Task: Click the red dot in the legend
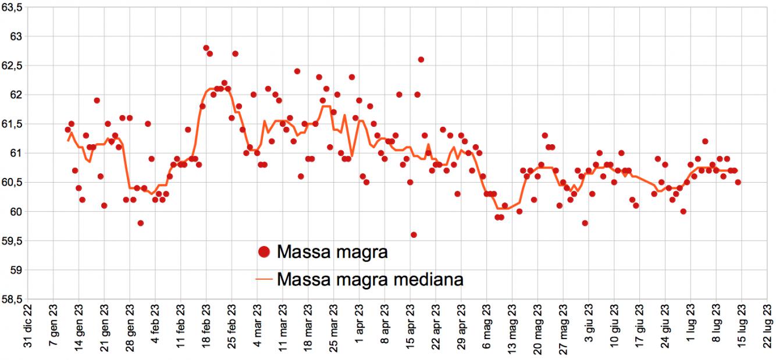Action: [x=264, y=252]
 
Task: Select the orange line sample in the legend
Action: [x=264, y=280]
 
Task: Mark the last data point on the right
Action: [x=738, y=182]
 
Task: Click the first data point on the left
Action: [x=67, y=130]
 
